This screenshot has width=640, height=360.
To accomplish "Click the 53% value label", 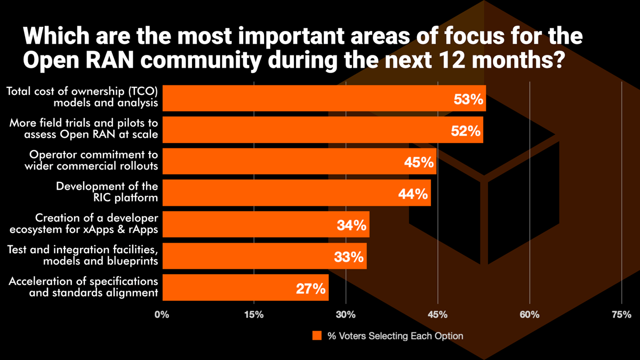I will tap(468, 99).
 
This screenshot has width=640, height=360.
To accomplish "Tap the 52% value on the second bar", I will tap(466, 131).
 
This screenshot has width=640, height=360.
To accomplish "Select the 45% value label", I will tap(419, 162).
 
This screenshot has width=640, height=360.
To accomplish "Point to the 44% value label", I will tap(413, 194).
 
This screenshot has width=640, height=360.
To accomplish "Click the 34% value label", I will tap(352, 226).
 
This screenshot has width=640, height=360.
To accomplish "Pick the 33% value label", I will tap(349, 257).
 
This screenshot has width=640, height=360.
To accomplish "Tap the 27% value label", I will tap(311, 289).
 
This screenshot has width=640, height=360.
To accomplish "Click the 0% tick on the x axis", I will tap(162, 315).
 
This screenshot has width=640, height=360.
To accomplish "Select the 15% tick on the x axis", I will tap(253, 315).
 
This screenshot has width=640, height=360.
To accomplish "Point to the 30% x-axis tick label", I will tap(346, 315).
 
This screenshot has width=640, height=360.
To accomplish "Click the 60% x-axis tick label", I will tap(530, 315).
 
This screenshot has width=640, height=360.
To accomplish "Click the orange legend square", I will tap(317, 336).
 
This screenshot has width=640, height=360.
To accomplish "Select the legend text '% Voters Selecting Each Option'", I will tap(395, 336).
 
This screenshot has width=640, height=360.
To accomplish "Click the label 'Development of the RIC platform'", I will tap(107, 192).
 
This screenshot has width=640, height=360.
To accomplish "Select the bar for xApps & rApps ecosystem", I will tap(265, 225).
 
